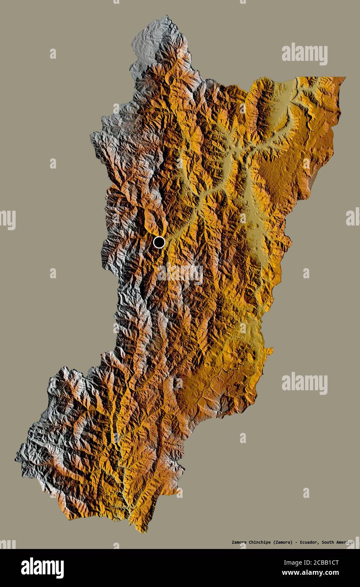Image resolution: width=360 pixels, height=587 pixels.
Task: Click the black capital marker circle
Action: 159,242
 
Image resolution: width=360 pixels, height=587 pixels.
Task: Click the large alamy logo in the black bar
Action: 42,568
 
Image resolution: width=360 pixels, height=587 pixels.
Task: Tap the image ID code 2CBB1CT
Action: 322,563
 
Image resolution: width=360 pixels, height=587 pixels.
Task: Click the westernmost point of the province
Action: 16,458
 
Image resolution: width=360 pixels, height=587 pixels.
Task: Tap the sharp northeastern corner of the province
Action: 344,77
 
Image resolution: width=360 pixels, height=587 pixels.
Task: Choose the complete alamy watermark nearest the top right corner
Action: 304,54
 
